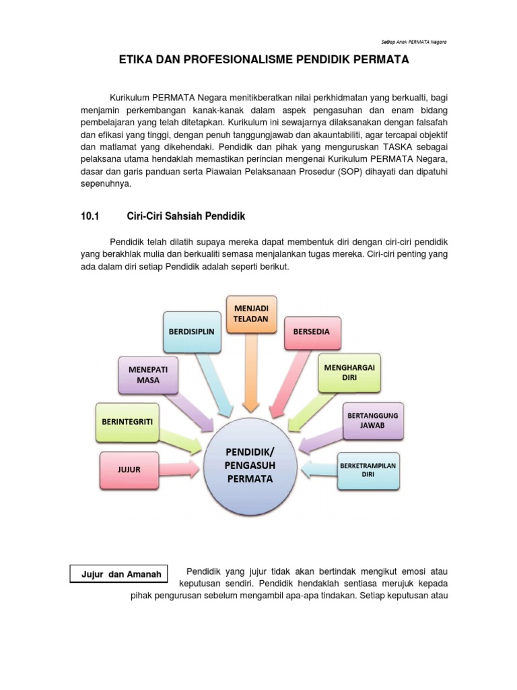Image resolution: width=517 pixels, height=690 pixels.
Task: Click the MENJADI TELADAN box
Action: pyautogui.click(x=251, y=314)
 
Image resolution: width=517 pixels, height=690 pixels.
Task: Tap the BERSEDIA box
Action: pyautogui.click(x=312, y=332)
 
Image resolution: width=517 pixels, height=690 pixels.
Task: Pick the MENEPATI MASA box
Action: pyautogui.click(x=147, y=375)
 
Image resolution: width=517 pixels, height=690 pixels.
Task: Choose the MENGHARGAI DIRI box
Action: pyautogui.click(x=349, y=373)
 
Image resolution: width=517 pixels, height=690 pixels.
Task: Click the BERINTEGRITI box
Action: pyautogui.click(x=128, y=421)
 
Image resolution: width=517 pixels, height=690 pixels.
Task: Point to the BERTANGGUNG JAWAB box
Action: pyautogui.click(x=372, y=420)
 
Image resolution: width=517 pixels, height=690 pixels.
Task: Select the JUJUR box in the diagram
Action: pyautogui.click(x=129, y=470)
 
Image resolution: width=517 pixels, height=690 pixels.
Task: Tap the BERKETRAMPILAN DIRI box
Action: pyautogui.click(x=368, y=469)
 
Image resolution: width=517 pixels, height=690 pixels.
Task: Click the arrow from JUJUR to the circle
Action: pyautogui.click(x=181, y=469)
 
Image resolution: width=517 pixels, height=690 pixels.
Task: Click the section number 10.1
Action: pyautogui.click(x=90, y=216)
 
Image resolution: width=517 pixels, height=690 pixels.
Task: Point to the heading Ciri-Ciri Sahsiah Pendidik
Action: pyautogui.click(x=186, y=216)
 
